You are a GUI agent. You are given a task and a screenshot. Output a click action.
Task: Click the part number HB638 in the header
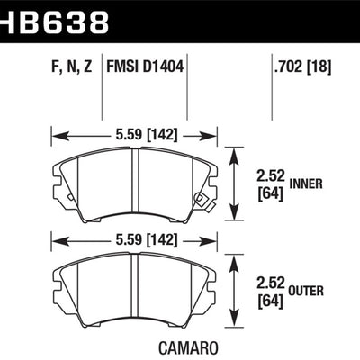click(56, 19)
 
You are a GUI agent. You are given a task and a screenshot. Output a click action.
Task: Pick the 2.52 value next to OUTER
click(271, 281)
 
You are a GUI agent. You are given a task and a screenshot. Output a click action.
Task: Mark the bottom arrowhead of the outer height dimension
click(238, 322)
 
